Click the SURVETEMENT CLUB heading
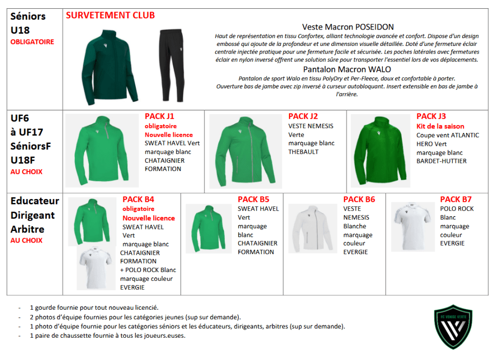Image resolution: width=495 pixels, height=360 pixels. [110, 15]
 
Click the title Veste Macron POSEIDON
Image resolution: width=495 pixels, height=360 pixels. [348, 27]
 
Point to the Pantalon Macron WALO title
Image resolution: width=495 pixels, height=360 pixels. [347, 69]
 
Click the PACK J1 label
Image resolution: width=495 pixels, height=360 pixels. [160, 116]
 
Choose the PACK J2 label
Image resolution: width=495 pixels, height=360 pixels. [303, 116]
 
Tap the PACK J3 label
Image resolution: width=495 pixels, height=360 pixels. [431, 116]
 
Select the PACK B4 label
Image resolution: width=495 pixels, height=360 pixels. [138, 199]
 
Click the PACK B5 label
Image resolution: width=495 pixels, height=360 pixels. [253, 199]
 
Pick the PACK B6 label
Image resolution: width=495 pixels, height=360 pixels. [359, 199]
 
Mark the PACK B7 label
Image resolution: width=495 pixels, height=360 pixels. [456, 199]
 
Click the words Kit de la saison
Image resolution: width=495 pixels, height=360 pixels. [440, 126]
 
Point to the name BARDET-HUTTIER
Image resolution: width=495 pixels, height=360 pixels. [442, 161]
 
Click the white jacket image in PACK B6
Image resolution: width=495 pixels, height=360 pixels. [312, 228]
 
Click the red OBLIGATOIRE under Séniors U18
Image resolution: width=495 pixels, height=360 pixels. [32, 42]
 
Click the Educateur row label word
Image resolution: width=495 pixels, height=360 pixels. [35, 201]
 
